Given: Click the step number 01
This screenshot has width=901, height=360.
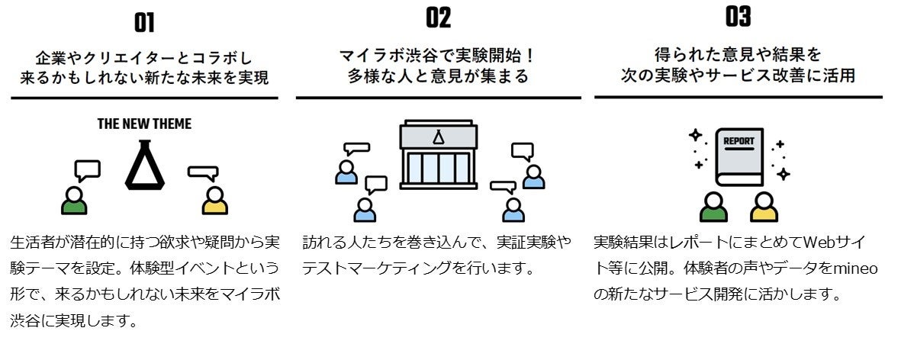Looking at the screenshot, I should (144, 23).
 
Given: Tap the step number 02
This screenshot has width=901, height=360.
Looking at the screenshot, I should (438, 18).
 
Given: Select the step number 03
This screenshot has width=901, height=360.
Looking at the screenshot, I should (738, 17).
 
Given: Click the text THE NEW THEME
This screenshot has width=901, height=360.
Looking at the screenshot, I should (144, 124).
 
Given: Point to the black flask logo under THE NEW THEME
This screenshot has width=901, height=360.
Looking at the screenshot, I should (145, 164).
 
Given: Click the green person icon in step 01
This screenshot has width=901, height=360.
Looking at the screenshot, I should (74, 200).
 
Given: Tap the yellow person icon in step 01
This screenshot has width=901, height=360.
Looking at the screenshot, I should (215, 200).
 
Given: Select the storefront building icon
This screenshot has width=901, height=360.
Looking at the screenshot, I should (438, 154).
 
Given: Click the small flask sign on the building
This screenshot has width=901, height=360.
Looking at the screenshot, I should (438, 137).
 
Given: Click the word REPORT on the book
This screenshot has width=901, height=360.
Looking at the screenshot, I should (738, 141).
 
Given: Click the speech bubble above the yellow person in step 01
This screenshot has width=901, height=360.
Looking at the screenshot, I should (203, 173).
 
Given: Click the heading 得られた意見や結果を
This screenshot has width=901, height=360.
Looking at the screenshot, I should (738, 55).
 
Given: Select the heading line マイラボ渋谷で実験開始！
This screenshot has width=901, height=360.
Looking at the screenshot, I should (438, 56).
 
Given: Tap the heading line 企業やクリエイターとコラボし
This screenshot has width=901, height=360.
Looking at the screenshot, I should (144, 57).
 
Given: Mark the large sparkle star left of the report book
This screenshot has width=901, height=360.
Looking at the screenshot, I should (695, 136).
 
